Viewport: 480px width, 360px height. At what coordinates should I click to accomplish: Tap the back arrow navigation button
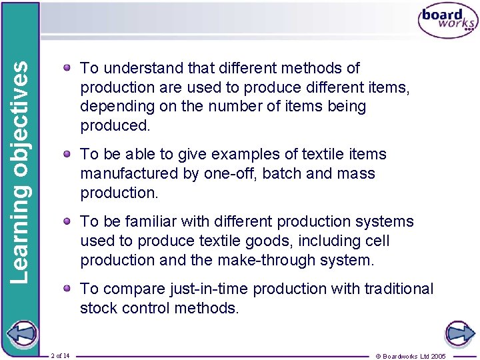21,334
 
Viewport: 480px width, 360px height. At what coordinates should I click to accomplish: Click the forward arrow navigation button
459,334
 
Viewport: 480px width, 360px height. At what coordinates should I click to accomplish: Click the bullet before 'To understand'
69,67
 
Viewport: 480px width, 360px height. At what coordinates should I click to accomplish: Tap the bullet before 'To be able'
69,153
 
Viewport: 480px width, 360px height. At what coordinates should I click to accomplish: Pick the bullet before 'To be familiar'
69,221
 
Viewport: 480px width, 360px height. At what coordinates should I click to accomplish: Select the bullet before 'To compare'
69,288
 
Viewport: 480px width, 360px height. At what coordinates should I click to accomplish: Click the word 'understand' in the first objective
140,68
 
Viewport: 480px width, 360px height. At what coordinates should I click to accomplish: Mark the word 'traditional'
399,289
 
